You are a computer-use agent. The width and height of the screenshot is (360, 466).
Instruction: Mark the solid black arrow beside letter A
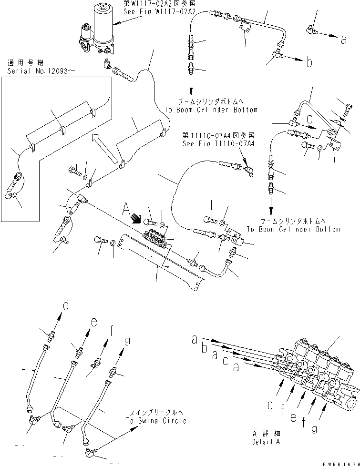(x=136, y=219)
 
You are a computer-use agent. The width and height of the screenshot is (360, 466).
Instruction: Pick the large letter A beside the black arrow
(x=126, y=209)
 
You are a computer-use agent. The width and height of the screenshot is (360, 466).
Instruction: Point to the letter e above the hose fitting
(x=94, y=323)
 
